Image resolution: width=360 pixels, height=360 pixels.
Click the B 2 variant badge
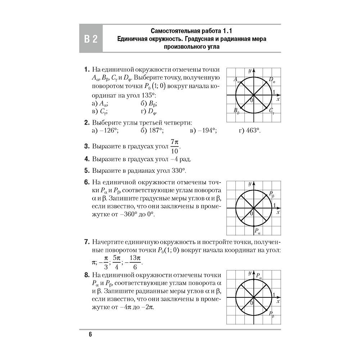point(91,39)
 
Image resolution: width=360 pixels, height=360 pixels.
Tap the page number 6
point(90,334)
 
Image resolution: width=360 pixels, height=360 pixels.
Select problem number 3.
point(86,147)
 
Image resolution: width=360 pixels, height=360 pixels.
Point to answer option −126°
point(108,131)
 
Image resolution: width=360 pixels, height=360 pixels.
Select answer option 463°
point(253,131)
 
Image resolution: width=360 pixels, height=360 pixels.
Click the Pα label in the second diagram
point(257,231)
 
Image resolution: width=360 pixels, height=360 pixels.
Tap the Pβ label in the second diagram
point(271,194)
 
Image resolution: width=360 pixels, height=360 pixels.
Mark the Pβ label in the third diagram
point(271,314)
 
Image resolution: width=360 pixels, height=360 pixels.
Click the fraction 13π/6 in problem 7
point(134,262)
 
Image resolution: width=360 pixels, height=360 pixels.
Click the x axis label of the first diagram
point(278,98)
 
